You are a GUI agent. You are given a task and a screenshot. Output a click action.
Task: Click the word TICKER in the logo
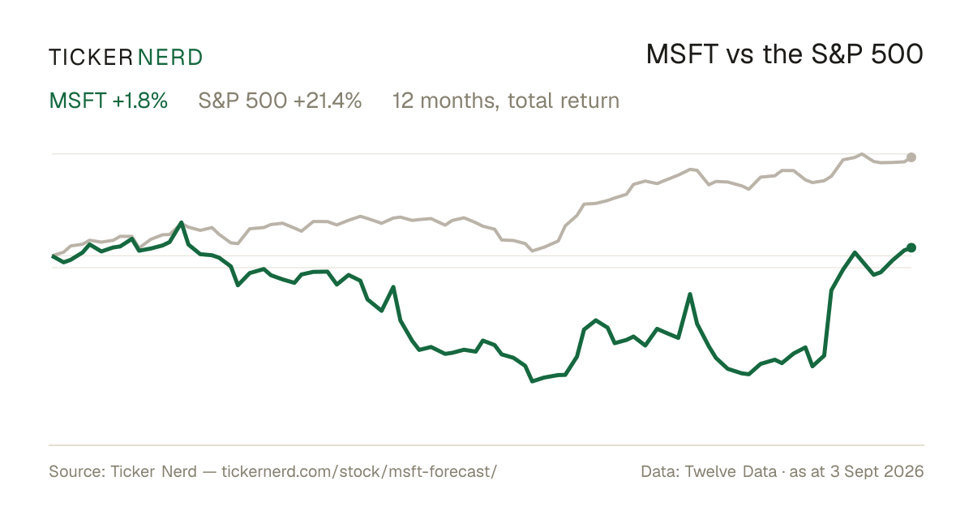[x=90, y=58]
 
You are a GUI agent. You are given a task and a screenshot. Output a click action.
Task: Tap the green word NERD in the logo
[x=169, y=58]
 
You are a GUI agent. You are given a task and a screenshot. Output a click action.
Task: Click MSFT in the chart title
[x=682, y=54]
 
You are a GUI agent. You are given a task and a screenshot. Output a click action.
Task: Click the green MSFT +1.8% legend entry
[x=108, y=101]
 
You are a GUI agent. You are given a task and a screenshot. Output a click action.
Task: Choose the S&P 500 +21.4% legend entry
[x=280, y=101]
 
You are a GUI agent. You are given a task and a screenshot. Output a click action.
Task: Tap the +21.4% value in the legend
[x=328, y=101]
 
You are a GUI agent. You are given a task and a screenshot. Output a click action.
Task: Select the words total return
[x=564, y=101]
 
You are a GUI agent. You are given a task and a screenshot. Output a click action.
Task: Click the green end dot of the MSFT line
[x=911, y=247]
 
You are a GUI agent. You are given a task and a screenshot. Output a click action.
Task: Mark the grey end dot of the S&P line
[x=911, y=157]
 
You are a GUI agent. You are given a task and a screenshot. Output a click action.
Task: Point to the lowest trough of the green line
[x=533, y=381]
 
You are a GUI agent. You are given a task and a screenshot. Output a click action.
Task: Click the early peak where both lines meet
[x=181, y=223]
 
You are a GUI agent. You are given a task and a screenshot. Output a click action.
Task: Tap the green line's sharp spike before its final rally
[x=690, y=295]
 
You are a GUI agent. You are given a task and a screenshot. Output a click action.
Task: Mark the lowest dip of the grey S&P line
[x=533, y=251]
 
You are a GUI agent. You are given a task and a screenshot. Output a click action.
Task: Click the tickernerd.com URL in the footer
[x=359, y=471]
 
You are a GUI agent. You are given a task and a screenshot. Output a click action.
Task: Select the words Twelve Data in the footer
[x=731, y=471]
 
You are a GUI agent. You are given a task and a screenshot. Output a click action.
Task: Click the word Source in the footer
[x=75, y=471]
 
